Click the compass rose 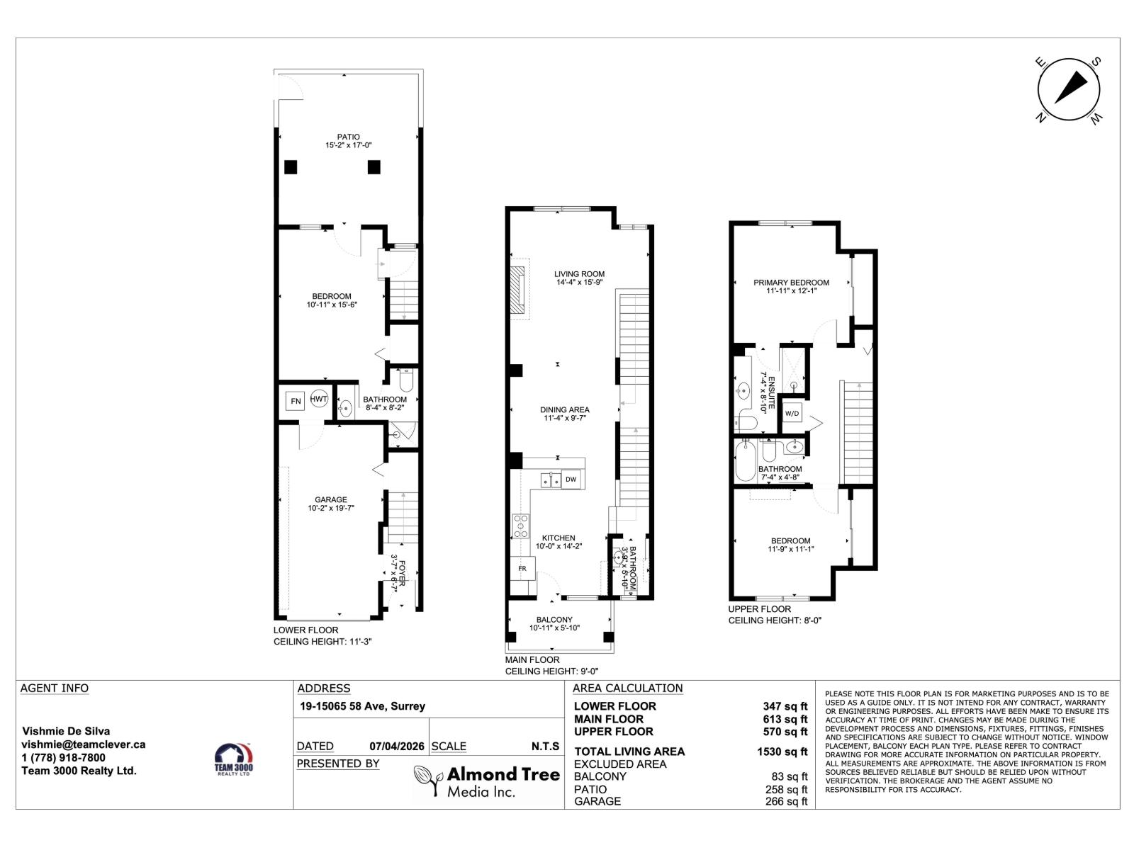tap(1069, 91)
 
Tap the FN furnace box tap(296, 402)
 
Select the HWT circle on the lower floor tap(319, 399)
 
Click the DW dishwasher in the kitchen tap(571, 480)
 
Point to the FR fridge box tap(522, 568)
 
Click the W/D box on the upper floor tap(792, 414)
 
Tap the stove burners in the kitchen tap(521, 526)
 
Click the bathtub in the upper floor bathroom tap(746, 462)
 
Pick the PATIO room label tap(348, 141)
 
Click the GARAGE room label tap(331, 504)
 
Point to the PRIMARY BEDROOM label tap(791, 286)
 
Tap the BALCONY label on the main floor tap(554, 623)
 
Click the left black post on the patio tap(291, 167)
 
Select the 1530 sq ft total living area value tap(782, 752)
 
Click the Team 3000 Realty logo tap(233, 759)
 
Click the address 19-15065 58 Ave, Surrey tap(362, 706)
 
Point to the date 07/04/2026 tap(398, 746)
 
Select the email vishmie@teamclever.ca tap(84, 744)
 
